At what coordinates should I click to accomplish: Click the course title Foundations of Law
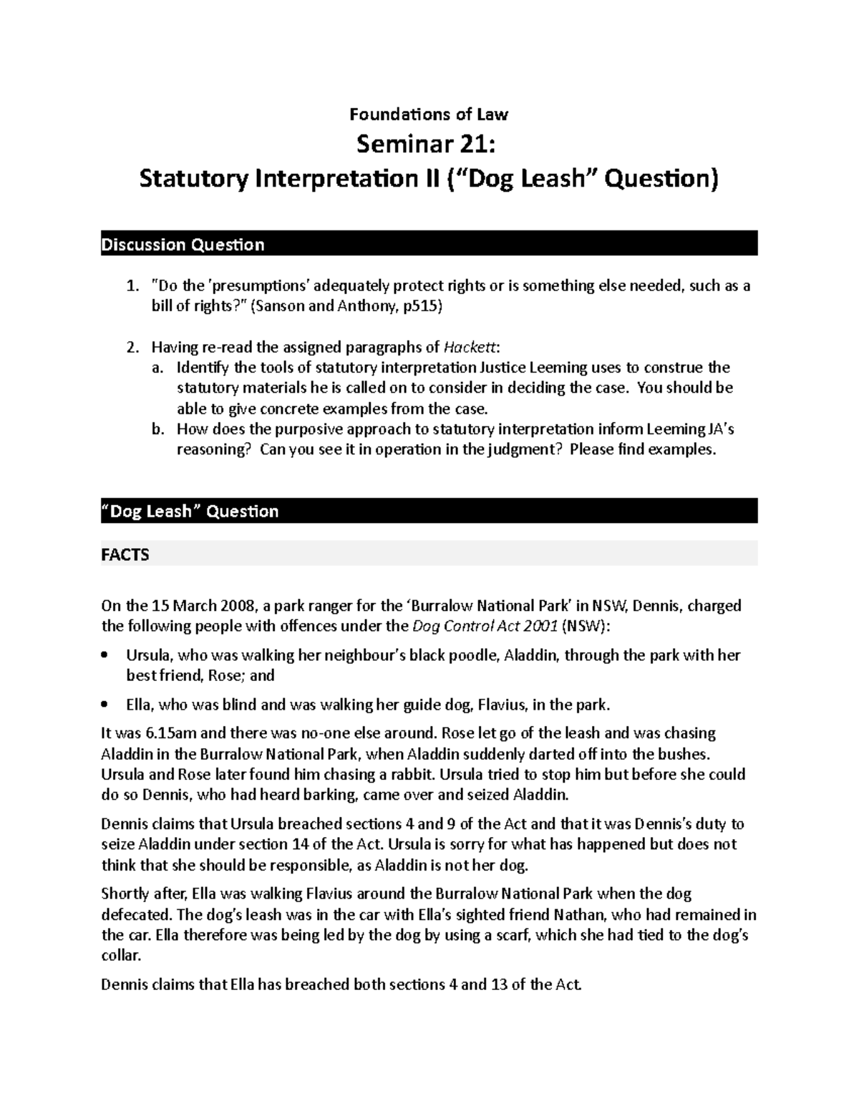tap(429, 114)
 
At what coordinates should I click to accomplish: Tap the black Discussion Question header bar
tap(429, 244)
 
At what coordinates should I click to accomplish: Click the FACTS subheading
tap(125, 554)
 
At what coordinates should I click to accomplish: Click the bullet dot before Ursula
tap(105, 655)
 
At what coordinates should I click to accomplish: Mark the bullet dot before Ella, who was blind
tap(105, 705)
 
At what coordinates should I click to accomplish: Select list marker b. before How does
tap(157, 429)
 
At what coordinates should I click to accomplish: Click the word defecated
tap(135, 914)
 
